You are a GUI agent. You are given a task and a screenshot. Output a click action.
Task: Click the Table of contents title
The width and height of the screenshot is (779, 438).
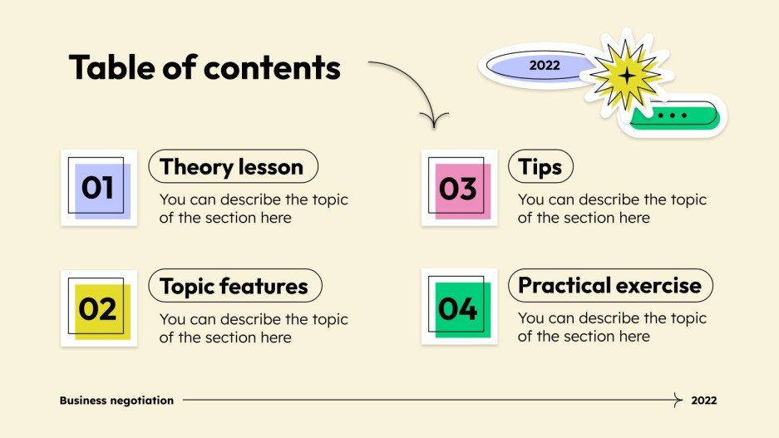click(205, 67)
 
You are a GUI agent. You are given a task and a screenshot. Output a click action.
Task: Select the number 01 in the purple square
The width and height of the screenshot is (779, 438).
click(98, 189)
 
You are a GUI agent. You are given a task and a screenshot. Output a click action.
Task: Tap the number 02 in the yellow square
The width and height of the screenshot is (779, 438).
click(98, 309)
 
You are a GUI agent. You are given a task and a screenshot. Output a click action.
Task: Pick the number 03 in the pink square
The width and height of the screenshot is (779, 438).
click(458, 189)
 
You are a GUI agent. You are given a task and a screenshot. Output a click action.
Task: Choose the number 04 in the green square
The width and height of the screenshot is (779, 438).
click(458, 309)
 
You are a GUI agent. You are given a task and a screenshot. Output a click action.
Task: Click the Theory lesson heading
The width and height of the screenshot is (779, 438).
click(232, 167)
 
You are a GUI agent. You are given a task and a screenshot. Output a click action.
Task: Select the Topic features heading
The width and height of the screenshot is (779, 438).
click(234, 287)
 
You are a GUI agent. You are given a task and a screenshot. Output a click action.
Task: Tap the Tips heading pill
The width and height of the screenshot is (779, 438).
click(540, 167)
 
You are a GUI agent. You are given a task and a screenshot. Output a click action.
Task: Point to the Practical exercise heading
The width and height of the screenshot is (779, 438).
click(609, 286)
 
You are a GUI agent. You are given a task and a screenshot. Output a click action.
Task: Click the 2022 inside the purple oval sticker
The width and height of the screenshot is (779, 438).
click(545, 65)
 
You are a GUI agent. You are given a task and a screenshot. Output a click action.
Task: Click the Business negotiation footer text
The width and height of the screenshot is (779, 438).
click(116, 401)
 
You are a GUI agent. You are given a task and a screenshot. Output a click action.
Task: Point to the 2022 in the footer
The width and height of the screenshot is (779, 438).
click(703, 401)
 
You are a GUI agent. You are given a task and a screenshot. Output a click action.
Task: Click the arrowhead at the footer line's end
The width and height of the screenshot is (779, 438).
click(679, 401)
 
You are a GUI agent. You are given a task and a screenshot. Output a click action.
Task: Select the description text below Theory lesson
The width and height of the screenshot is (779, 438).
click(254, 209)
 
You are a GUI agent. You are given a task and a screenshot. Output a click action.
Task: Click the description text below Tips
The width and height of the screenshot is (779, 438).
click(612, 209)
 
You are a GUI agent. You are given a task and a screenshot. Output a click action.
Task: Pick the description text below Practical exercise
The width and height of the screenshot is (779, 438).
click(612, 327)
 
